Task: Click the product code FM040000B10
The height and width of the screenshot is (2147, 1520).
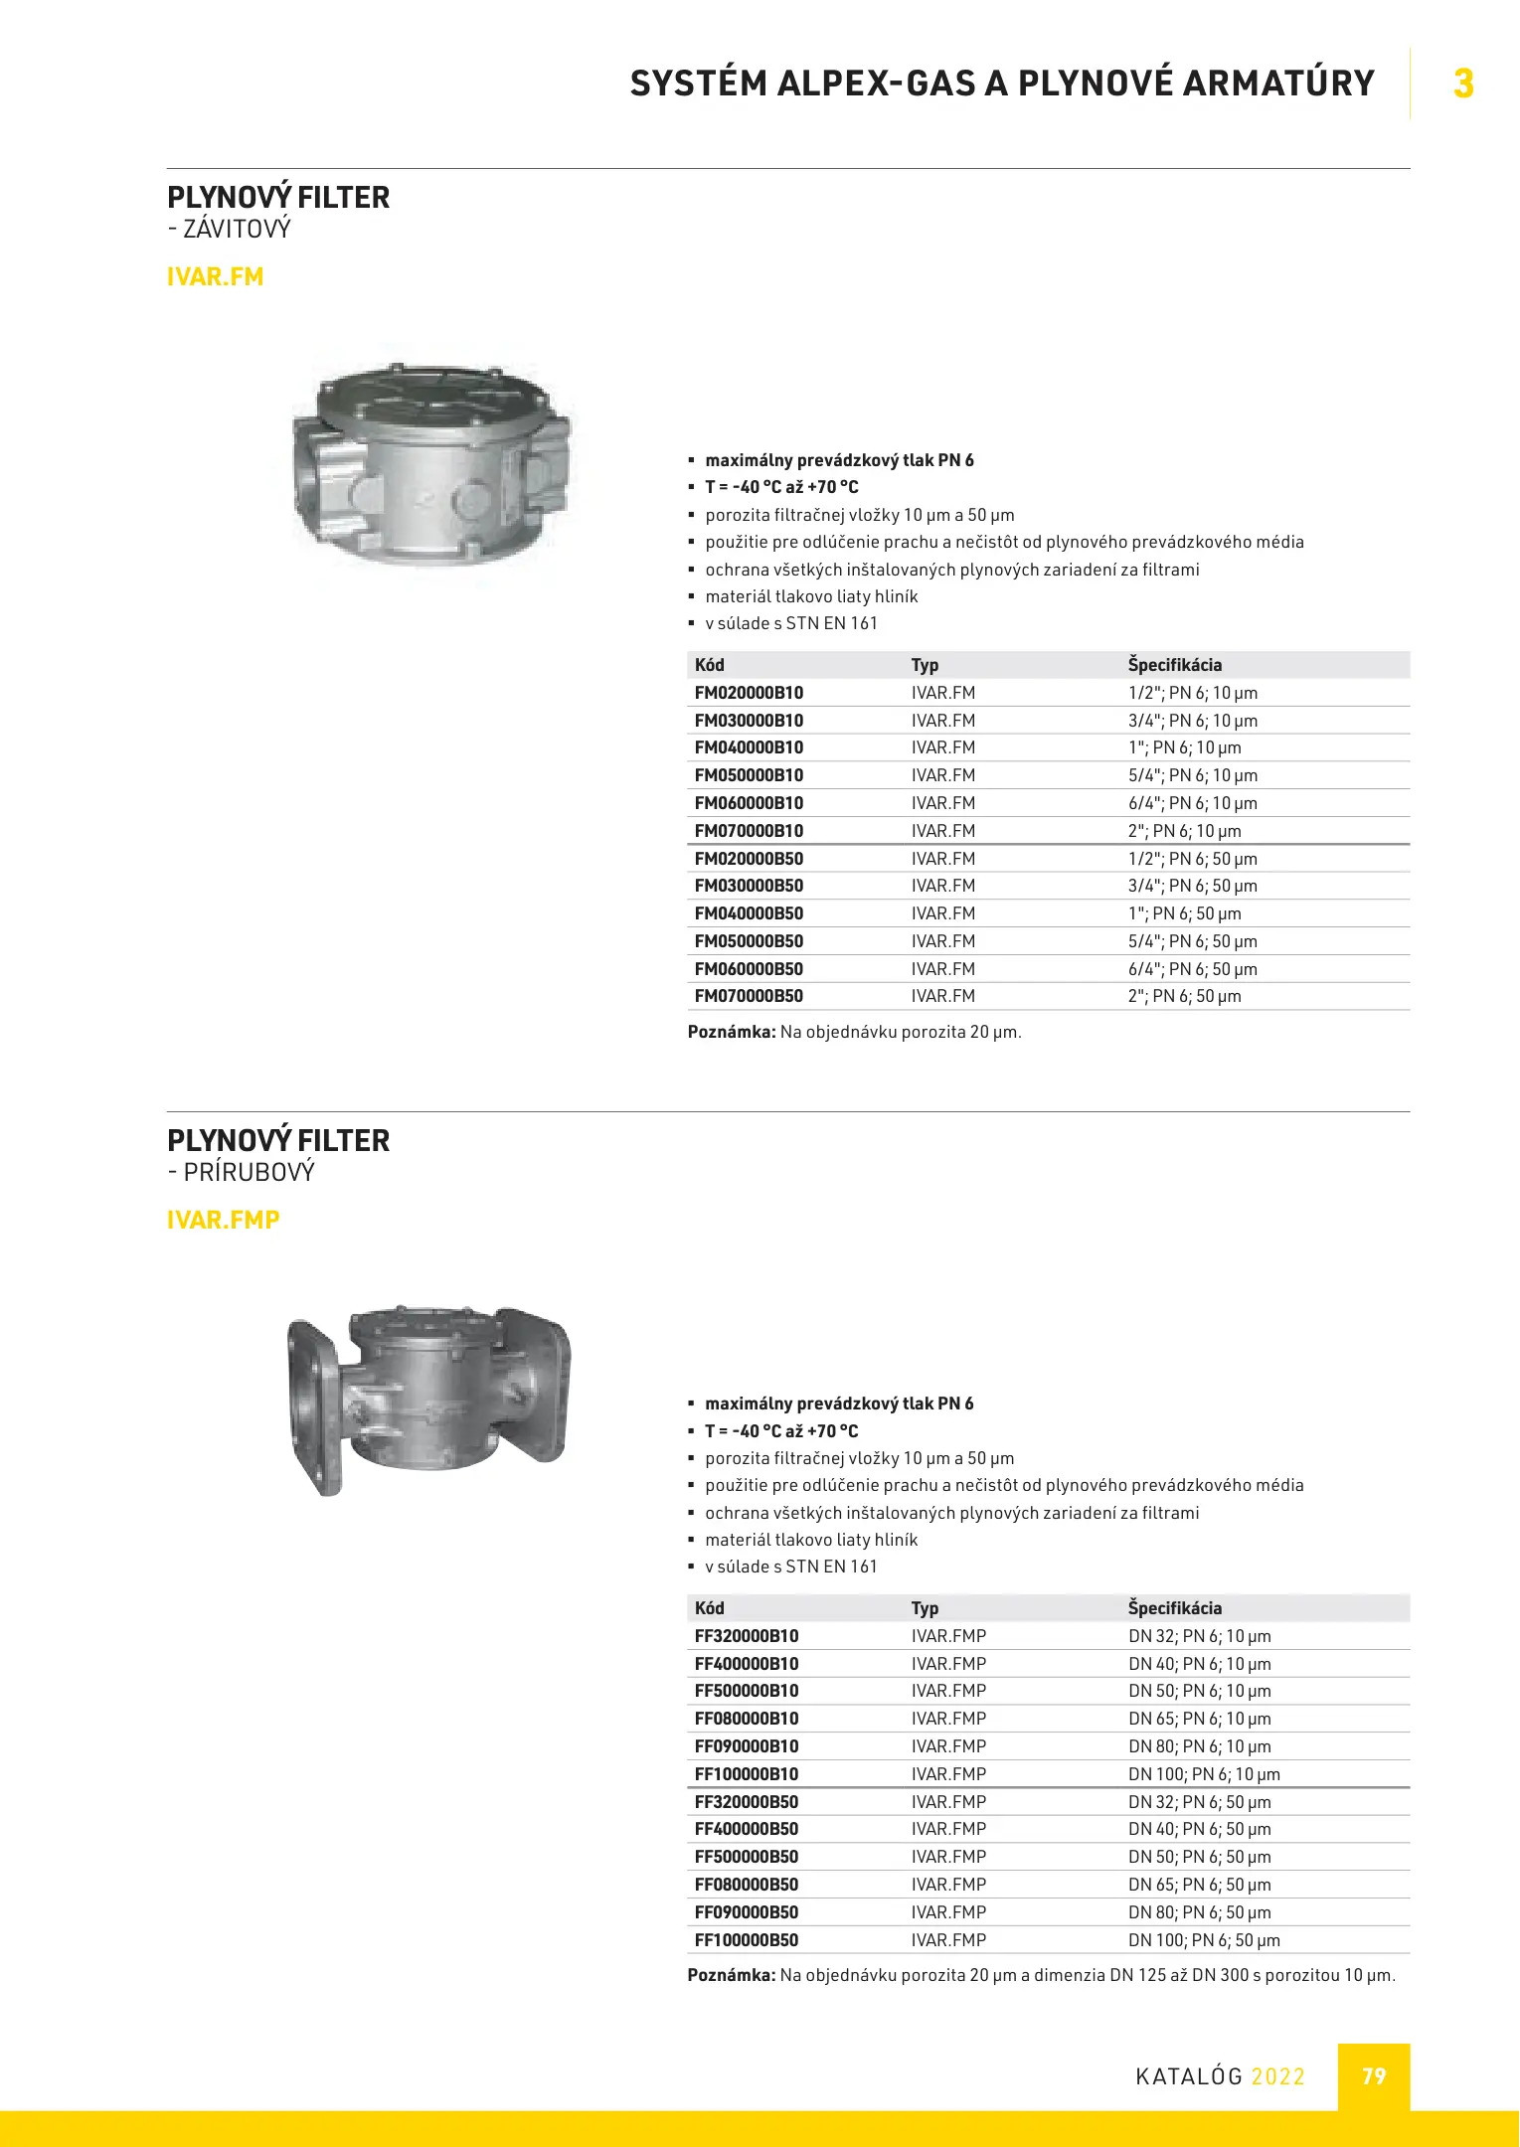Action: pyautogui.click(x=749, y=747)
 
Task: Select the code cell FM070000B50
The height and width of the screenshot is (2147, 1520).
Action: pyautogui.click(x=749, y=996)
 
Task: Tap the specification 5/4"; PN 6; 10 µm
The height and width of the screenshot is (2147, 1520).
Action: pyautogui.click(x=1192, y=775)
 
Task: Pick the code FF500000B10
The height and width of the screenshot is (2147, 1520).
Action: pyautogui.click(x=747, y=1691)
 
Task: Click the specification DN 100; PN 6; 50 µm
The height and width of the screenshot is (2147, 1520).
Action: pyautogui.click(x=1204, y=1939)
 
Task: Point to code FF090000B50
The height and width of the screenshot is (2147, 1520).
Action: pyautogui.click(x=747, y=1911)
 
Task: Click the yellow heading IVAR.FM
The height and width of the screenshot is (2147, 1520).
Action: pyautogui.click(x=215, y=276)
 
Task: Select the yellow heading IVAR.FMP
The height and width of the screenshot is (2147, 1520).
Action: pyautogui.click(x=223, y=1220)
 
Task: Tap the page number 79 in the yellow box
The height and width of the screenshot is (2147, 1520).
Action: pyautogui.click(x=1373, y=2076)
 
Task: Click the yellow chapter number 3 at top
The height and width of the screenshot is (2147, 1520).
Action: pyautogui.click(x=1462, y=83)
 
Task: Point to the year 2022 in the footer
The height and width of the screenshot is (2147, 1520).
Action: pyautogui.click(x=1277, y=2076)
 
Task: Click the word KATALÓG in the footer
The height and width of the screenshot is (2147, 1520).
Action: pyautogui.click(x=1189, y=2076)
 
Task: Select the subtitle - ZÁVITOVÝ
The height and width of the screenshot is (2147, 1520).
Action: pyautogui.click(x=230, y=230)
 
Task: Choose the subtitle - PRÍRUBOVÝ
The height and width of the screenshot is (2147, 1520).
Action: pyautogui.click(x=242, y=1173)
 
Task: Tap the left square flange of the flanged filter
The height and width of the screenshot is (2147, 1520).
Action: pyautogui.click(x=314, y=1405)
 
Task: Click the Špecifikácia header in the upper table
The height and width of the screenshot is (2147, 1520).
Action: pyautogui.click(x=1174, y=665)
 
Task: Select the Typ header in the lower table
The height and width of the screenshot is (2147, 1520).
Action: pyautogui.click(x=925, y=1608)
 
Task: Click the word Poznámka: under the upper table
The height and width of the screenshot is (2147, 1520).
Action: pyautogui.click(x=731, y=1032)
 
